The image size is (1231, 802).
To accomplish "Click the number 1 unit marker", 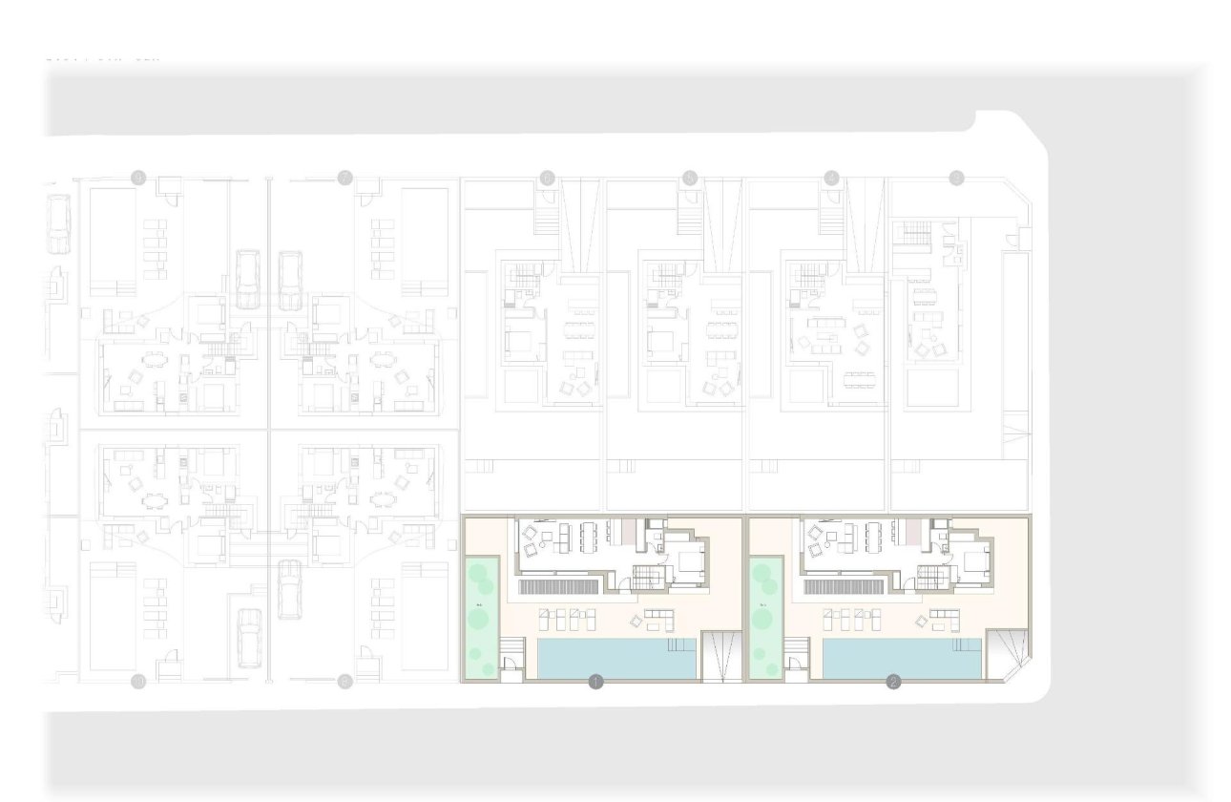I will coord(596,682).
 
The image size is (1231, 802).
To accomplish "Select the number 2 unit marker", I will coord(893,682).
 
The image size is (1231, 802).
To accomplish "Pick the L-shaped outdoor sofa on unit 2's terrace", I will coord(946,621).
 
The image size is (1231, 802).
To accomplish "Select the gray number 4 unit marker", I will coord(690,178).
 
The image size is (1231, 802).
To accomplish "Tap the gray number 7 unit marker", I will coord(345,178).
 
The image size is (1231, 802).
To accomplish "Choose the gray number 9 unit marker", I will coord(138,178).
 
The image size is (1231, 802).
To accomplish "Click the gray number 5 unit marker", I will coord(547,178).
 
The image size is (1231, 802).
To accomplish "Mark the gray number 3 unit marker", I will coord(832,178).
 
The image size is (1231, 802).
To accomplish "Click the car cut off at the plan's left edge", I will coord(57,224).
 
